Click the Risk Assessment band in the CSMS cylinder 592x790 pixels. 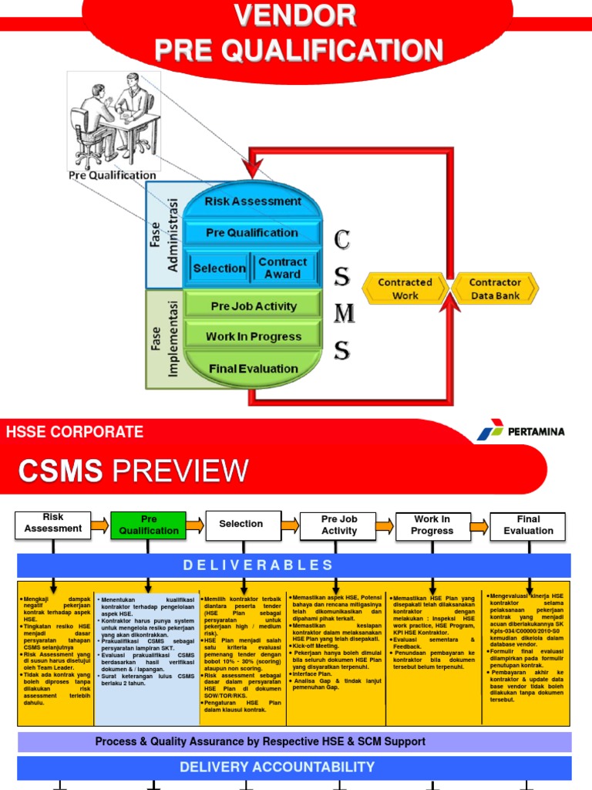click(253, 201)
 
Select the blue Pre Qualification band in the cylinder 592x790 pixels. click(252, 233)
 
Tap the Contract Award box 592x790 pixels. click(282, 268)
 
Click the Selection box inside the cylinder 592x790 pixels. click(219, 268)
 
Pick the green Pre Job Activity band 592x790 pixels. click(254, 306)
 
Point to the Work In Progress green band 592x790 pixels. click(254, 336)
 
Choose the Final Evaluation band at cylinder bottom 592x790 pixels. click(254, 369)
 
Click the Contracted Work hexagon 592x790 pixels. click(405, 289)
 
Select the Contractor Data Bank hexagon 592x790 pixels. click(495, 289)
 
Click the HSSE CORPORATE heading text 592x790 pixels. click(75, 432)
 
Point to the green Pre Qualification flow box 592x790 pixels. click(149, 525)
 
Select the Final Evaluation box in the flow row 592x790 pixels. click(528, 525)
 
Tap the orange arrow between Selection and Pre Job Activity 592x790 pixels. click(290, 525)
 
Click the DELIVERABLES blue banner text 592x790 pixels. click(258, 565)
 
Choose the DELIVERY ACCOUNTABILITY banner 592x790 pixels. click(277, 767)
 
